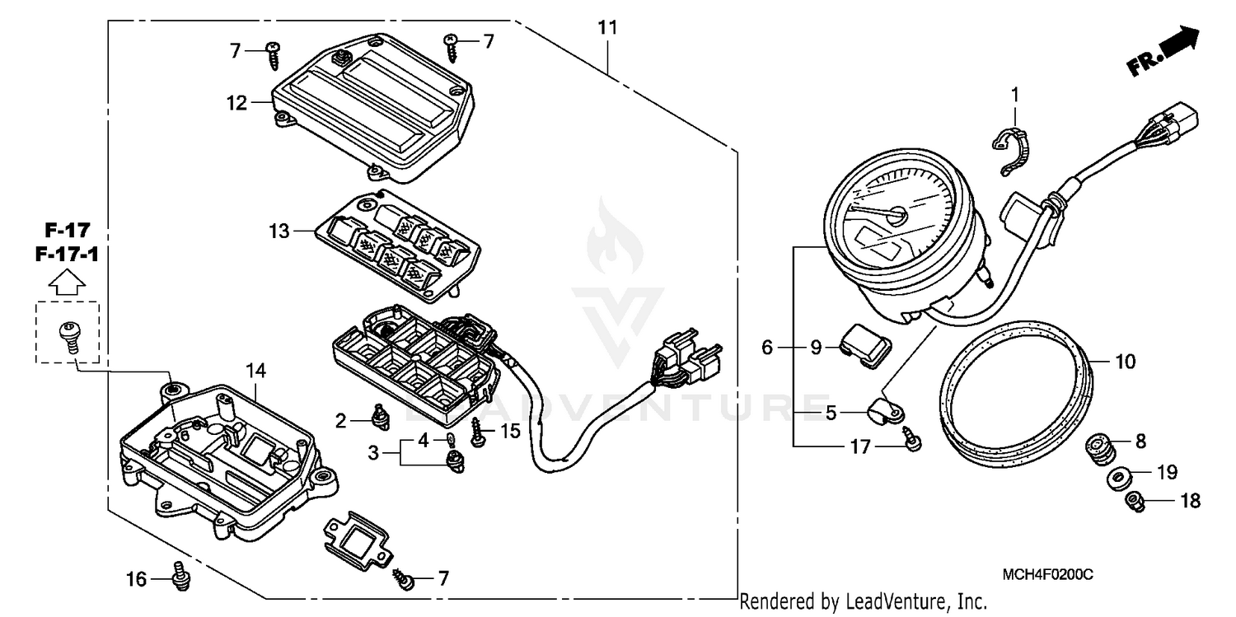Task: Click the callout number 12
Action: (x=237, y=103)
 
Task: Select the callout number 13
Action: (x=279, y=231)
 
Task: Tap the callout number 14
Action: (x=256, y=372)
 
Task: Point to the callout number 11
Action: (x=607, y=28)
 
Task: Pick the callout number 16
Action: (x=137, y=580)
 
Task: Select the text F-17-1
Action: (x=68, y=255)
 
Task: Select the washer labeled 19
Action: (x=1120, y=479)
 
